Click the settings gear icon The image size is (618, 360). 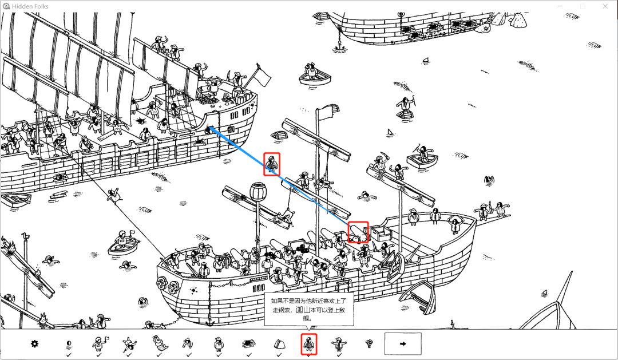(35, 343)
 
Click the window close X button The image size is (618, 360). (605, 6)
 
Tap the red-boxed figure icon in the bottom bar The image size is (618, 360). (309, 344)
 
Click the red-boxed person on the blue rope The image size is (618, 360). (272, 164)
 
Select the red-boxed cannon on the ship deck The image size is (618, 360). (358, 232)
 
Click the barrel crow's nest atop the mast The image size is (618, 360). (258, 191)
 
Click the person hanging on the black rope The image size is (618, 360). (113, 195)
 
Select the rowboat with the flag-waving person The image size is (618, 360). (124, 243)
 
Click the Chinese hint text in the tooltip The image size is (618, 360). (308, 309)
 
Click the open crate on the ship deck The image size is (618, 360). (380, 233)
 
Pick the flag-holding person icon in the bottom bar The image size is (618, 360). (98, 344)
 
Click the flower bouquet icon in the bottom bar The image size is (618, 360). (369, 344)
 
